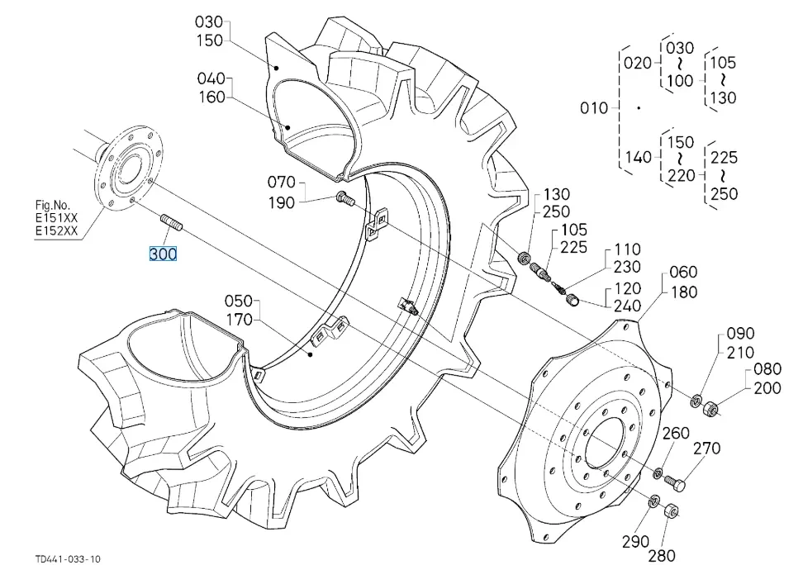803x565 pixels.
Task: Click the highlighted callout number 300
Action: coord(163,254)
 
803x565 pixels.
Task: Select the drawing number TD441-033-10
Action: coord(68,558)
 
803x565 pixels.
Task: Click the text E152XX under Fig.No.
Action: coord(56,230)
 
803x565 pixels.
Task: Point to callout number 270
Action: coord(706,449)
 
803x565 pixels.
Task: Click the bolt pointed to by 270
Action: coord(675,482)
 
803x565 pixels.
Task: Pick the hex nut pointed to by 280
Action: coord(671,510)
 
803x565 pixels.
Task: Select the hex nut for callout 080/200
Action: coord(710,408)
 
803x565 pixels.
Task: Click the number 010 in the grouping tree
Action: coord(593,108)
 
